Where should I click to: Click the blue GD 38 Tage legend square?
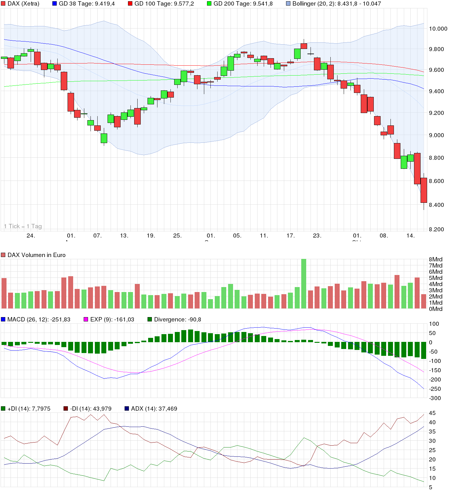point(55,4)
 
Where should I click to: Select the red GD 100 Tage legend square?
point(130,4)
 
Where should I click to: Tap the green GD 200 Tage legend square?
point(209,4)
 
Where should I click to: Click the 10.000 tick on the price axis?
point(438,29)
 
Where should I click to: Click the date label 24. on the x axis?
point(31,236)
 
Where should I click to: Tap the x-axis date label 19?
point(151,236)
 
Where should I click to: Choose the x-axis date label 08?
point(384,236)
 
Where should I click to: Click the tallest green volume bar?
point(304,283)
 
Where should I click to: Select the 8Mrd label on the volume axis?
point(435,260)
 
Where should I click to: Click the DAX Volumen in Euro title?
point(37,255)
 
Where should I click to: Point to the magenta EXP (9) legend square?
point(86,319)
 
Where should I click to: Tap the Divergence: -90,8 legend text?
point(178,320)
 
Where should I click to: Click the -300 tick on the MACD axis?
point(435,398)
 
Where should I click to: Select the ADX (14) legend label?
point(154,409)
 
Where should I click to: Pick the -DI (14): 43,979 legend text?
point(91,409)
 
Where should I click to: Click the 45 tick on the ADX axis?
point(432,413)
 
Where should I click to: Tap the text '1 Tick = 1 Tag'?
point(23,226)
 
